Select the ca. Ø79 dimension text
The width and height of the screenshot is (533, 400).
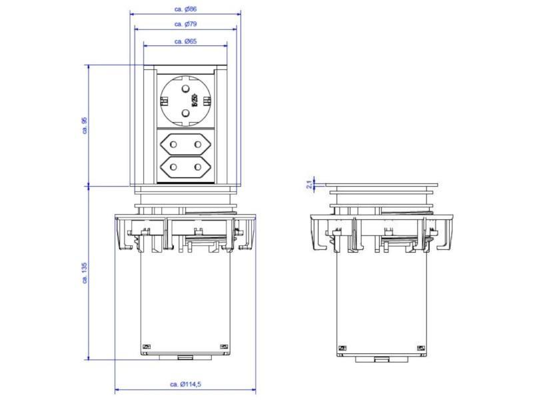185,24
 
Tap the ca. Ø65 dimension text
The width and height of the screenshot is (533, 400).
185,41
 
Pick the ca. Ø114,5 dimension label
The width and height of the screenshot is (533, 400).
186,384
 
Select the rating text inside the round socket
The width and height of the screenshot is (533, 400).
195,101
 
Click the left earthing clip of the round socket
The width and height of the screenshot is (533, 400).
163,101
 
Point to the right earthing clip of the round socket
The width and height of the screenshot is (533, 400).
207,101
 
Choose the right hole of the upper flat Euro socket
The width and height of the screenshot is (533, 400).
197,143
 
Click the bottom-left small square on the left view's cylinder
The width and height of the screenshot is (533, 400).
147,347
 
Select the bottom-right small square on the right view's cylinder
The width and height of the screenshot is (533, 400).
420,347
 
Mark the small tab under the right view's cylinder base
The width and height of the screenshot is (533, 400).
382,359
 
